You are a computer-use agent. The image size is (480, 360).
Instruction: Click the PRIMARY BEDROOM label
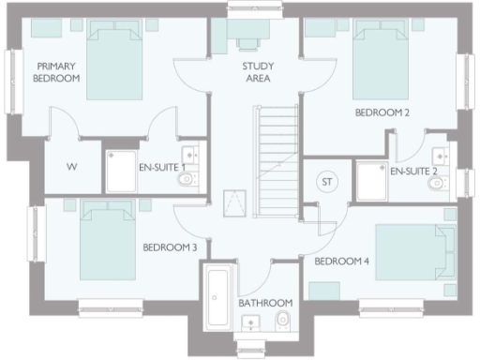[x=57, y=73]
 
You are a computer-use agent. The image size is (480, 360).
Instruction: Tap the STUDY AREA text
[x=258, y=73]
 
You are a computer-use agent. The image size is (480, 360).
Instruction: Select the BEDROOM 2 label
[x=382, y=112]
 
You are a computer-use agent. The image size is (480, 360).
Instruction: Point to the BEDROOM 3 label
[x=170, y=248]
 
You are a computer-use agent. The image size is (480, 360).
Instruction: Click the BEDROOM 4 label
[x=342, y=261]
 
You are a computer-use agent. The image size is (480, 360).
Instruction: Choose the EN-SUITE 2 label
[x=414, y=172]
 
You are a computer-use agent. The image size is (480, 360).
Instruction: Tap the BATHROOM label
[x=265, y=304]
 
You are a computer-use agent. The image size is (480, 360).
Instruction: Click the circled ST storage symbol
[x=327, y=180]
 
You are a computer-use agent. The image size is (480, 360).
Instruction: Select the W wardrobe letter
[x=70, y=168]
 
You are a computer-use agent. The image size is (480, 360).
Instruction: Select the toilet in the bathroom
[x=282, y=322]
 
